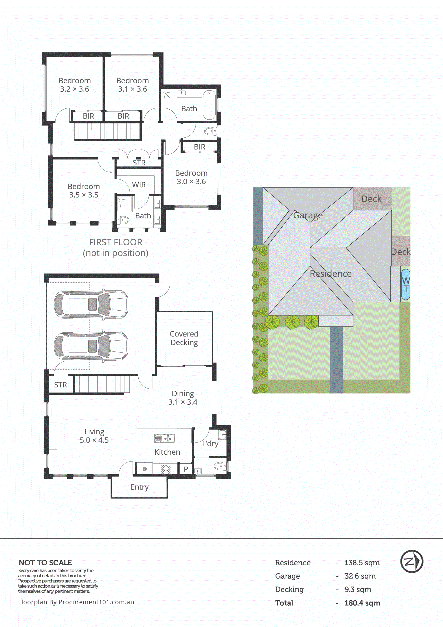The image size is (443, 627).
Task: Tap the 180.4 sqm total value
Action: (362, 603)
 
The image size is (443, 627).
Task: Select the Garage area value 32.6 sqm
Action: (360, 576)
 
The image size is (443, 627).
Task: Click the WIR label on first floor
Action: (139, 185)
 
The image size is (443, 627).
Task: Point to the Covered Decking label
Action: (184, 338)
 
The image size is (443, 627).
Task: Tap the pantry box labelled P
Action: (186, 469)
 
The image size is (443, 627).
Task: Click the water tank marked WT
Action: (406, 284)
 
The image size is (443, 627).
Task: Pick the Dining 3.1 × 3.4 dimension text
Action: (183, 402)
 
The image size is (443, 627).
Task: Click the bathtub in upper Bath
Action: (209, 105)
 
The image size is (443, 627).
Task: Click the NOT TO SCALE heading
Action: (45, 563)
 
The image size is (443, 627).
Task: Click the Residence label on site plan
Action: (331, 274)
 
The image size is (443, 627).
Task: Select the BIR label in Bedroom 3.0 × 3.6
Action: (199, 147)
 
